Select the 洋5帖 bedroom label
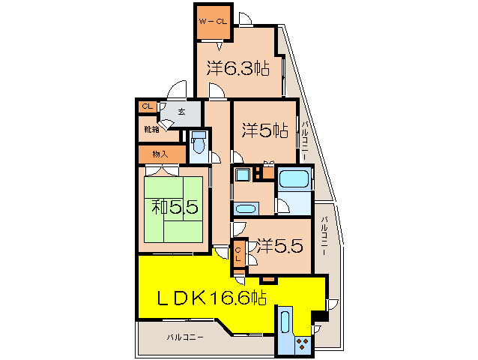click(x=265, y=130)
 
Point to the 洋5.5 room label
click(x=280, y=244)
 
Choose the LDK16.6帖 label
click(x=212, y=298)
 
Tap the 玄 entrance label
click(x=183, y=112)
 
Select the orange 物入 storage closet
click(x=160, y=154)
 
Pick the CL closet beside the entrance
click(x=147, y=106)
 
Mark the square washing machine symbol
click(x=243, y=175)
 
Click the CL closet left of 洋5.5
click(x=239, y=253)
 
